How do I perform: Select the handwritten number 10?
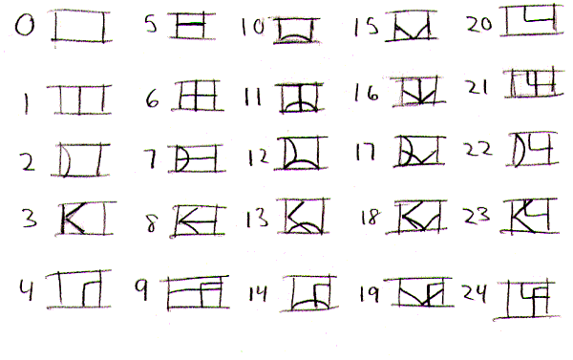pyautogui.click(x=252, y=27)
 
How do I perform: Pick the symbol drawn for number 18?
pyautogui.click(x=417, y=220)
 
